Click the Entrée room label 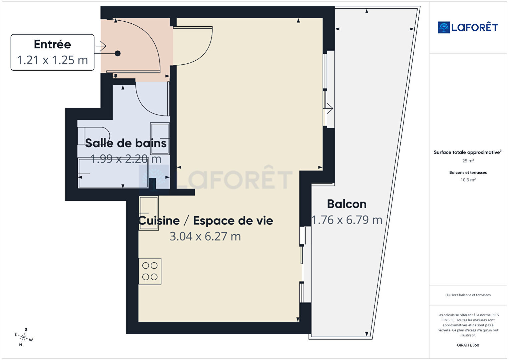point(52,44)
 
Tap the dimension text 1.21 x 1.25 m point(52,60)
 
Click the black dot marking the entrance point(117,53)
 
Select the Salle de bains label point(126,143)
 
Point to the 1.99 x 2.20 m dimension point(126,158)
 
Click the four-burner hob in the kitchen point(150,271)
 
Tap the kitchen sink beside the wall point(149,213)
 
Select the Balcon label point(347,204)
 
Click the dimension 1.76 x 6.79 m point(347,220)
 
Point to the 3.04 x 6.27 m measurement point(205,236)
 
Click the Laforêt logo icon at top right point(444,27)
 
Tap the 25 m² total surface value point(468,161)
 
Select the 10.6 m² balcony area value point(468,180)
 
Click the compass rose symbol point(23,337)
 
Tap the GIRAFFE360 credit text point(468,345)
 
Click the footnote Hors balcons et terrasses point(468,295)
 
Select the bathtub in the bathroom point(113,173)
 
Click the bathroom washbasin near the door point(160,138)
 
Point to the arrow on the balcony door point(330,108)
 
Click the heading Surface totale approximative point(468,152)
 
